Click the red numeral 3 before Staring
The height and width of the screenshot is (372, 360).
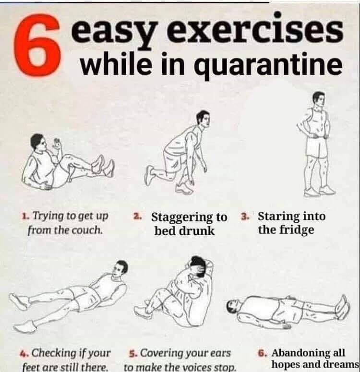pyautogui.click(x=244, y=216)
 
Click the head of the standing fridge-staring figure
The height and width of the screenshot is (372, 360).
pyautogui.click(x=318, y=100)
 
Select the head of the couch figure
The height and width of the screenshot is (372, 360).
pyautogui.click(x=38, y=143)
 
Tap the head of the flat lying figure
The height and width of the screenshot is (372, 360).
pyautogui.click(x=234, y=306)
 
